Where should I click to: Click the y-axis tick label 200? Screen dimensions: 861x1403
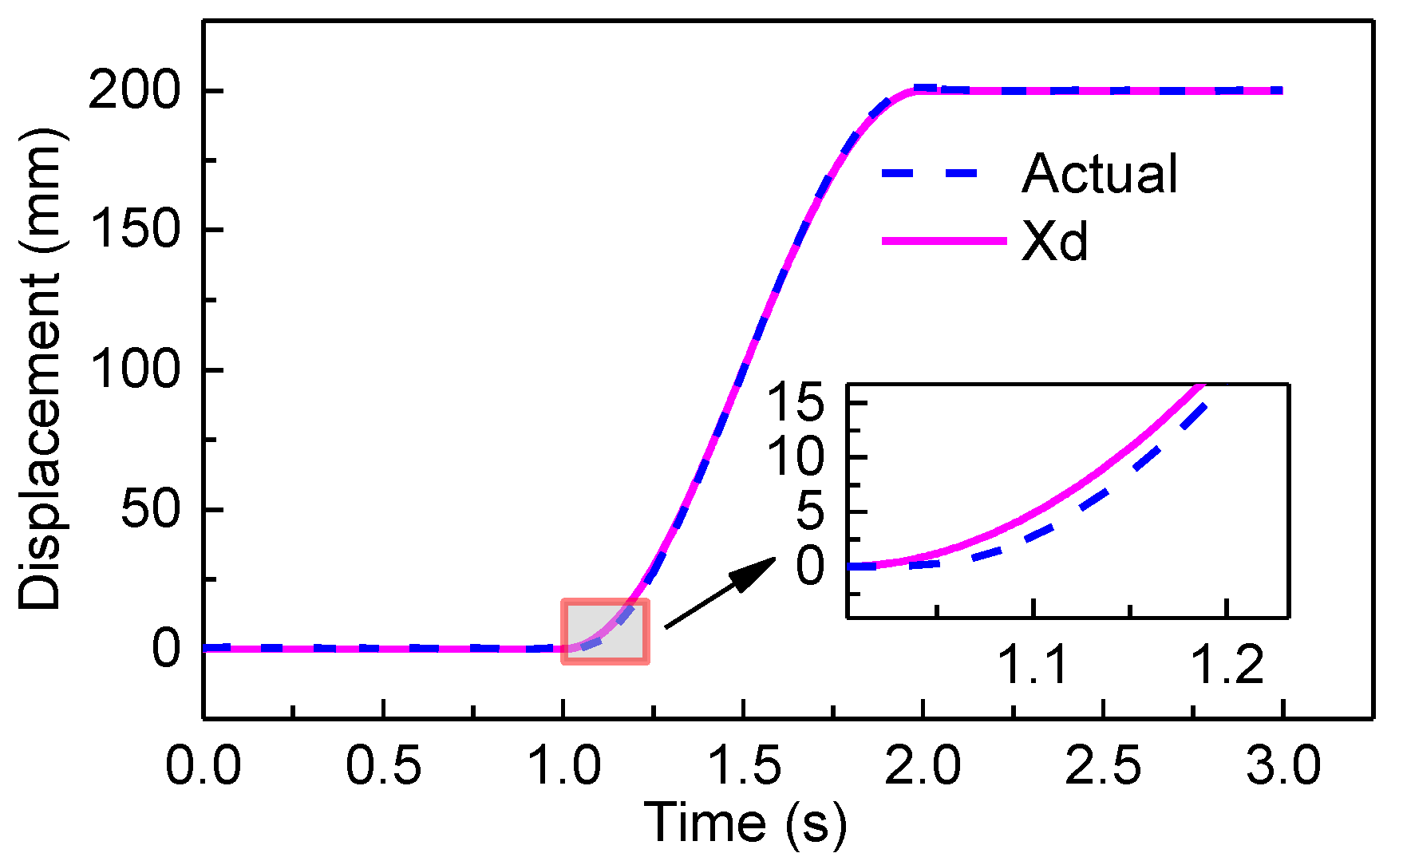click(134, 89)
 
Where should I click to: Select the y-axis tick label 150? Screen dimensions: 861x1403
click(134, 230)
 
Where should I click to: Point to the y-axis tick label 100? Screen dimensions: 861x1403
click(134, 369)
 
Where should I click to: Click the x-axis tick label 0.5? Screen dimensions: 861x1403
click(383, 765)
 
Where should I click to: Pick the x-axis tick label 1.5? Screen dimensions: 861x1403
click(743, 765)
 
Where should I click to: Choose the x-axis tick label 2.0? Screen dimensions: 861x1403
click(923, 765)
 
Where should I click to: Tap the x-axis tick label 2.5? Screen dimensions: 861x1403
click(1103, 765)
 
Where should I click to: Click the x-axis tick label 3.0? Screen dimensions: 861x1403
click(1283, 765)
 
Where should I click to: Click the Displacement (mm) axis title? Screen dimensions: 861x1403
click(40, 369)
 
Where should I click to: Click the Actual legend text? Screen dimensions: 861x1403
click(1099, 173)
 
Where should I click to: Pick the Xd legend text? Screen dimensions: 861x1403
click(1054, 241)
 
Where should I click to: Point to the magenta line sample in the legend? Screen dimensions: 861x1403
click(944, 240)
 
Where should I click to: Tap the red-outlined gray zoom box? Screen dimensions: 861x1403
click(605, 631)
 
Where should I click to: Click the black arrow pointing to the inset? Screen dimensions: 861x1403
click(719, 592)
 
